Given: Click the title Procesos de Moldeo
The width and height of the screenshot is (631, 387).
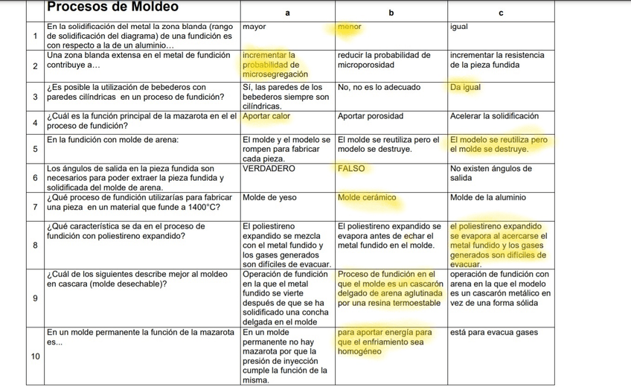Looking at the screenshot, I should coord(112,7).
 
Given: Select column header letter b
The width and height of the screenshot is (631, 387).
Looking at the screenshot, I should coord(391,13).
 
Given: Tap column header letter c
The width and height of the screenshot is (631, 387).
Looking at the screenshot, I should coord(502,13).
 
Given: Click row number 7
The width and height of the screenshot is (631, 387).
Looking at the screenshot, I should coord(36,206).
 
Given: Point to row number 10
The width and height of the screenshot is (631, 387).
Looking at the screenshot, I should coord(34,355).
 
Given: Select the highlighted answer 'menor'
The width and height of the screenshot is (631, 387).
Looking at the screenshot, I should coord(349,27).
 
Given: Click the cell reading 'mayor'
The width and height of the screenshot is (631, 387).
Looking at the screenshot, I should coord(255,27).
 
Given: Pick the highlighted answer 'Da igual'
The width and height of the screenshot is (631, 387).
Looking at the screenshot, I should coord(466,87).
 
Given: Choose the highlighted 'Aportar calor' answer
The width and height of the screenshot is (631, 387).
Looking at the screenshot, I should coord(266,116).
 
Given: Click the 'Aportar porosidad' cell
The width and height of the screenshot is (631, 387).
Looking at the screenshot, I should coord(370,116).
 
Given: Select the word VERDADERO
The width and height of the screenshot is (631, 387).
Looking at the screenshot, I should coord(269,169).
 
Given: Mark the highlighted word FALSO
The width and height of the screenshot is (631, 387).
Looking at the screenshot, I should coord(351,169).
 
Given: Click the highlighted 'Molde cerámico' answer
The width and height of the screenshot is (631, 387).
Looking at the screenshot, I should coord(366,198).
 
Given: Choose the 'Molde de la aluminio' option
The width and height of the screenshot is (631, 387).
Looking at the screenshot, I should coord(488,198).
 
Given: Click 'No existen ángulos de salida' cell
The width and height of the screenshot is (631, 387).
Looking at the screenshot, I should coord(490,173).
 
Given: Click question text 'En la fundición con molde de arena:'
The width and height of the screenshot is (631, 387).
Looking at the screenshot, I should coord(112,140).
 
